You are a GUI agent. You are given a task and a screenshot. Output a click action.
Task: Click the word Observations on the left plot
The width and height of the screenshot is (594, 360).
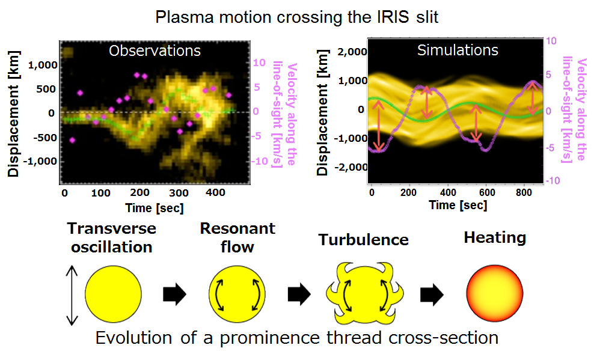pos(155,50)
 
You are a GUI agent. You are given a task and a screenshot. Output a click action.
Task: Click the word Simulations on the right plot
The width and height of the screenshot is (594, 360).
pos(458,50)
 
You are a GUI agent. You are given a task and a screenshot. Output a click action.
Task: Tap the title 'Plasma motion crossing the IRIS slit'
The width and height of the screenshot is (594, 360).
pos(297,16)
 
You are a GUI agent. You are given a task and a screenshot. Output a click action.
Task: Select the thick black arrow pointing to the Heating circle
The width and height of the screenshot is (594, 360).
pos(432,294)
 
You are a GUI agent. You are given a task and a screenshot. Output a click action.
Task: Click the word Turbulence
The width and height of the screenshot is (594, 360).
pos(363,240)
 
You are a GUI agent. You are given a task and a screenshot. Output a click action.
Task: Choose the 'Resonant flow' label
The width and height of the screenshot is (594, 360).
pos(237,237)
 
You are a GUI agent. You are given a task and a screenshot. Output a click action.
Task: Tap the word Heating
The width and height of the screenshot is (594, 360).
pos(495,238)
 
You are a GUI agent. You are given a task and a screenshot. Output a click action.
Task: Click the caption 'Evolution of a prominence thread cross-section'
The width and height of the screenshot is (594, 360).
pos(297,338)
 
